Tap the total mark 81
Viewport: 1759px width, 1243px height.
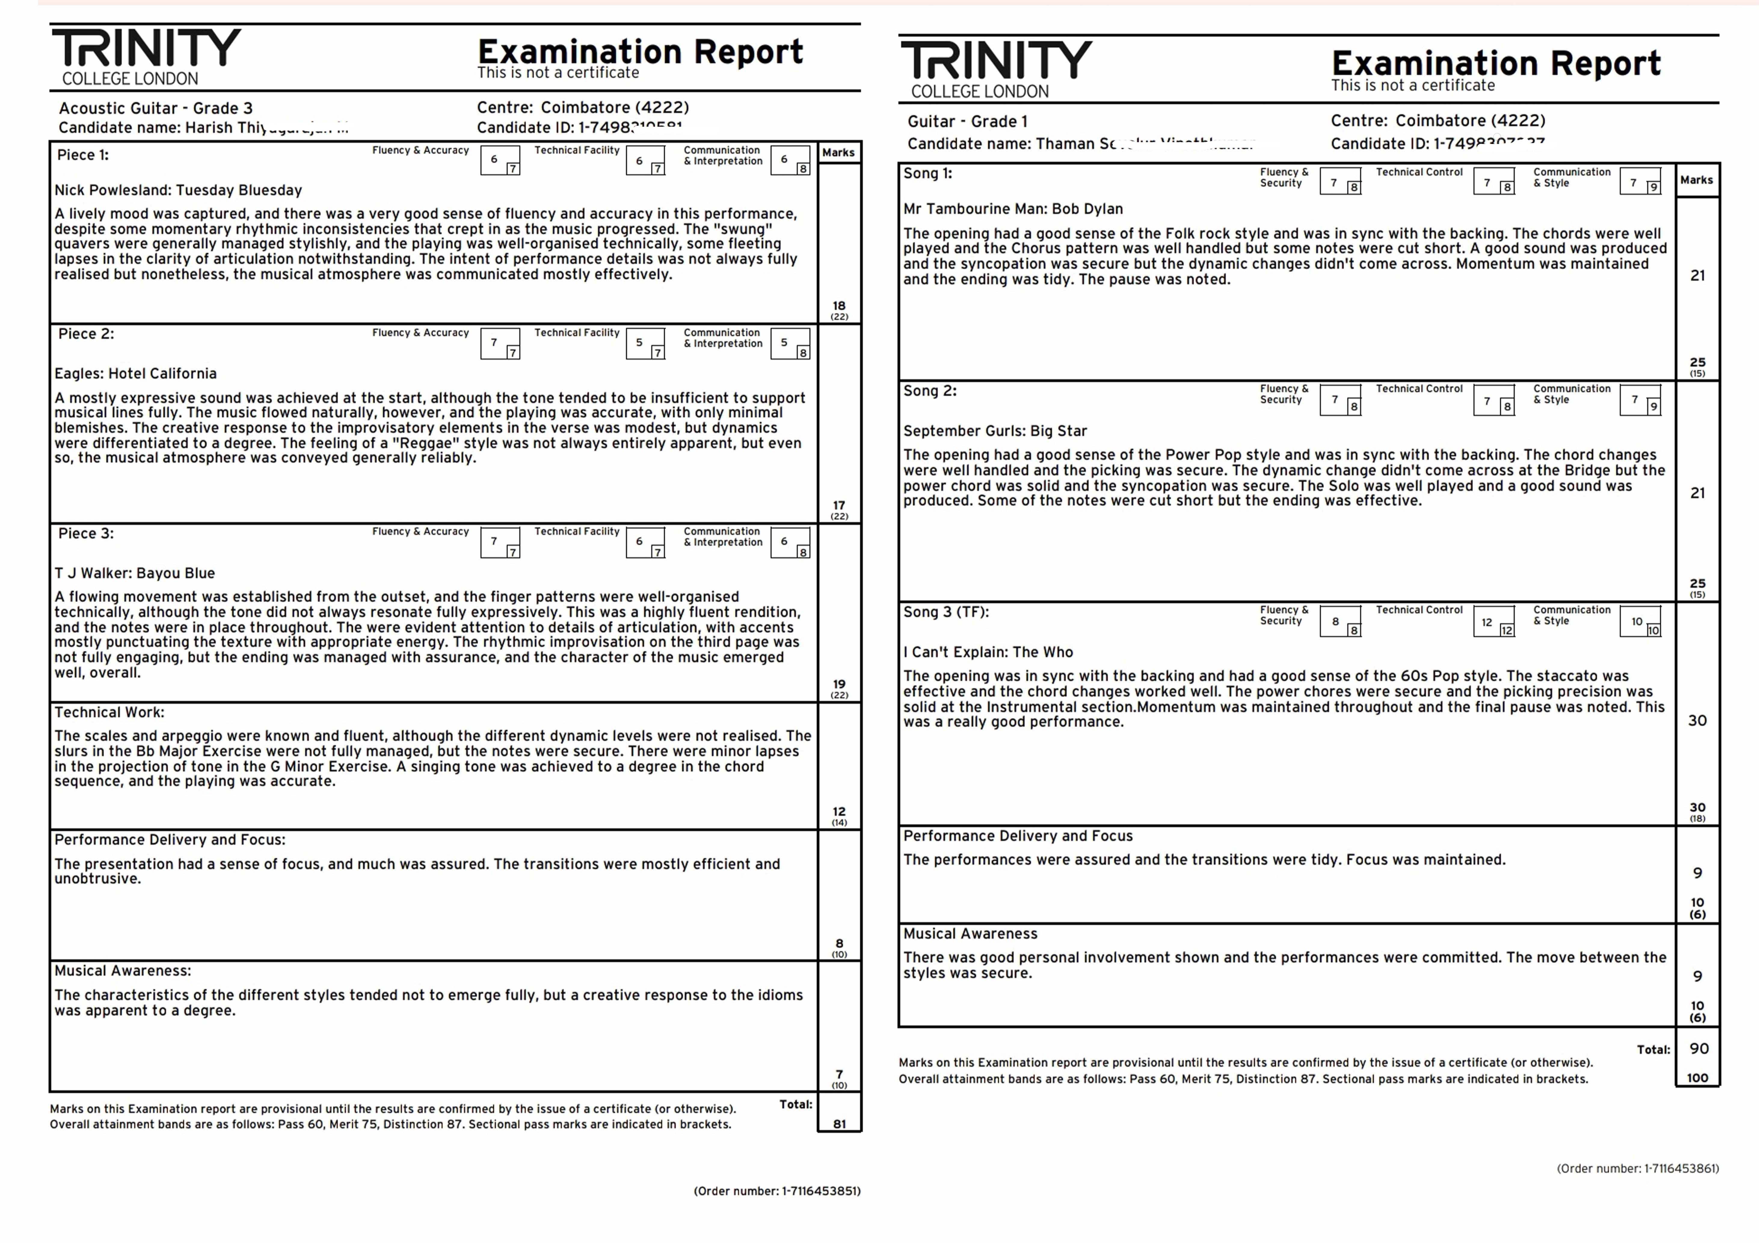click(840, 1124)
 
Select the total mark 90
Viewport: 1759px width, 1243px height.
click(1699, 1049)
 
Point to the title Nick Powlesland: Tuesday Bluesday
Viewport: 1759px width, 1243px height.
click(178, 190)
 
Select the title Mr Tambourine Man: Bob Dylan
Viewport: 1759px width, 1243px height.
click(1013, 209)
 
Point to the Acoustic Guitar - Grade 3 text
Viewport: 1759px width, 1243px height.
click(155, 108)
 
